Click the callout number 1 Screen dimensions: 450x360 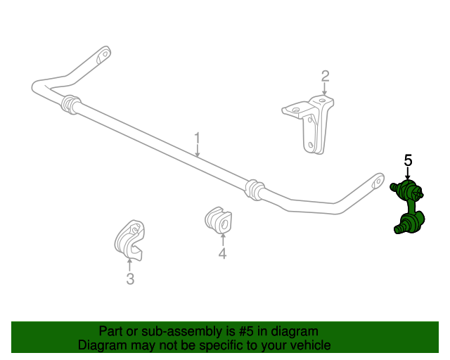click(x=197, y=140)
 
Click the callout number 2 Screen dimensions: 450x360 click(x=325, y=76)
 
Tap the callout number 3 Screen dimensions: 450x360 click(x=130, y=278)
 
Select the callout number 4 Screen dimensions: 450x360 click(x=222, y=253)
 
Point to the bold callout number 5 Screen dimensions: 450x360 click(x=408, y=160)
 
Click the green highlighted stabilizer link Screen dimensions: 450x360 click(x=407, y=206)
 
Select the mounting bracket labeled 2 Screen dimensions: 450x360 click(x=309, y=124)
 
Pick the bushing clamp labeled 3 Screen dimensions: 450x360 click(x=129, y=240)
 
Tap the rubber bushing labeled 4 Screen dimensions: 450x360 click(x=219, y=220)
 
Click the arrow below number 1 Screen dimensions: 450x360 click(x=197, y=152)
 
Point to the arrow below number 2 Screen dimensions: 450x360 click(x=325, y=89)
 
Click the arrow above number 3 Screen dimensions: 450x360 click(x=129, y=264)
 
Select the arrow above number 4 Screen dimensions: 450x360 click(x=223, y=240)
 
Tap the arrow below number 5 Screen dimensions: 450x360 click(x=408, y=174)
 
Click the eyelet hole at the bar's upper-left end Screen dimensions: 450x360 click(x=105, y=53)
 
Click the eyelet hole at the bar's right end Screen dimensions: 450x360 click(x=378, y=181)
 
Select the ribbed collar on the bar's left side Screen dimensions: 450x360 click(x=70, y=105)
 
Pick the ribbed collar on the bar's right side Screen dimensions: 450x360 click(x=255, y=190)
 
